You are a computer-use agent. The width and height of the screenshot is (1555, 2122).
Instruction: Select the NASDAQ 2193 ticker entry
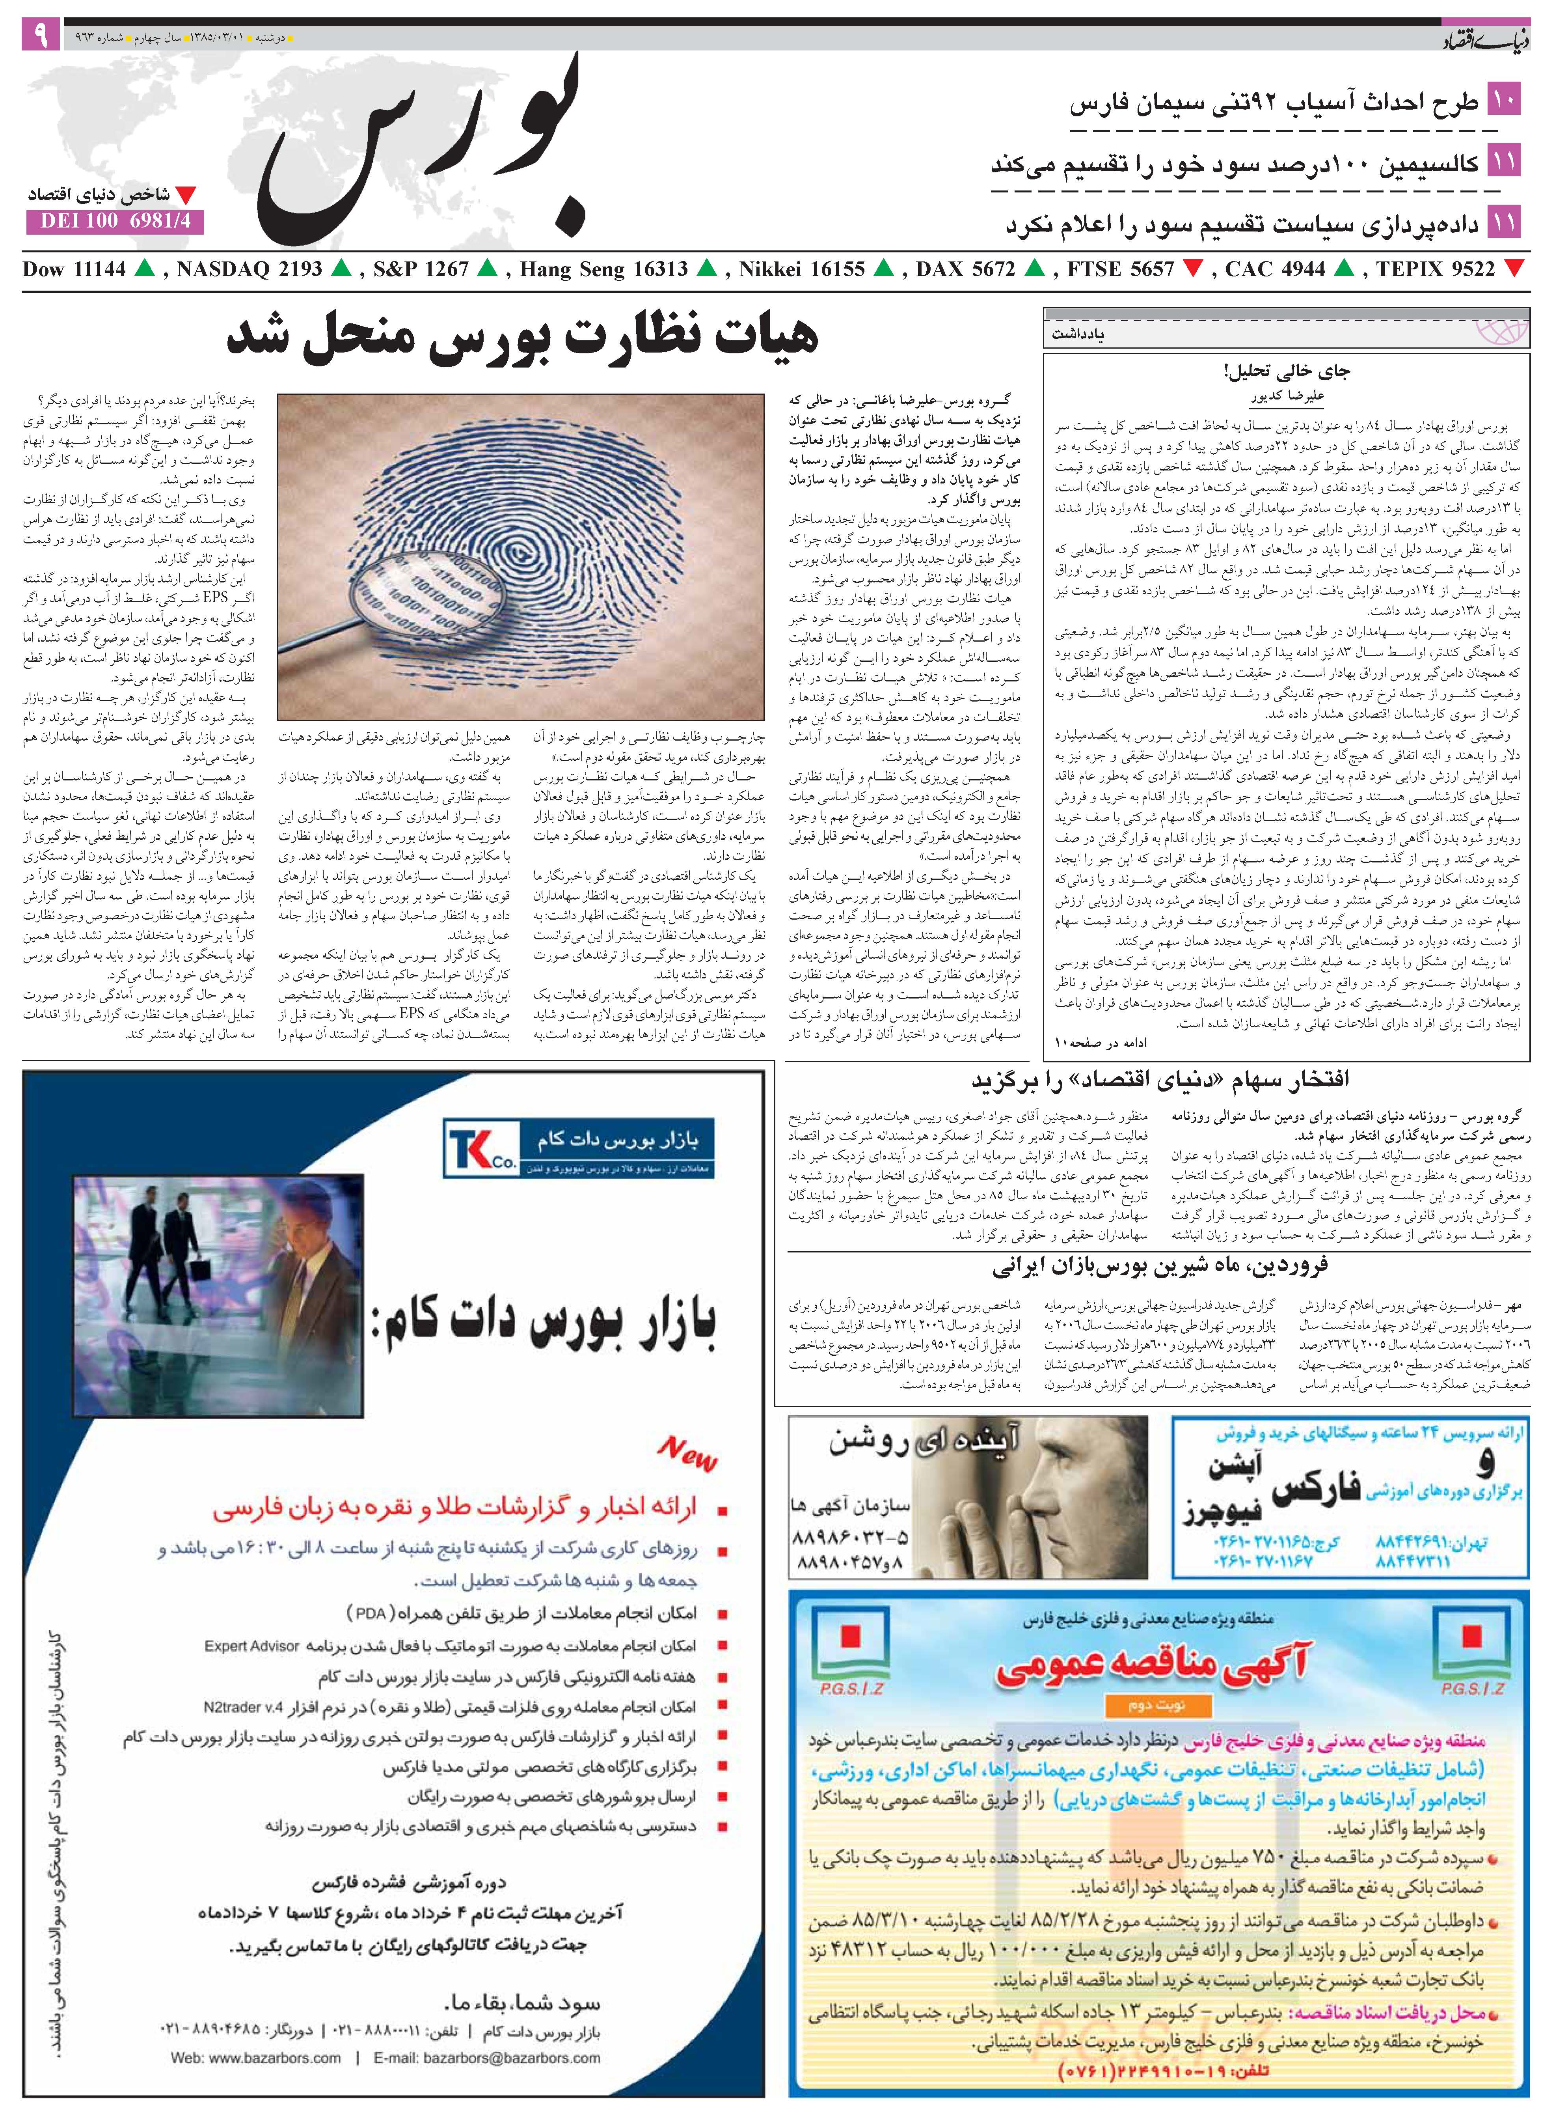(x=248, y=269)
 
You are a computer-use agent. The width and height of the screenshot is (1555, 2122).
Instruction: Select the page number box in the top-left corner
(x=41, y=36)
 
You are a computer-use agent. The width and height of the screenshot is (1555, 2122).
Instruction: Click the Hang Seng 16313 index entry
(x=603, y=269)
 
